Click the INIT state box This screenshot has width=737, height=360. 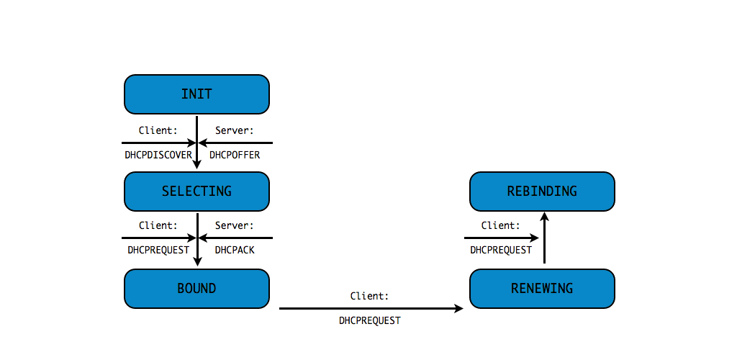tap(196, 94)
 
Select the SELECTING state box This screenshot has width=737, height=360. tap(196, 191)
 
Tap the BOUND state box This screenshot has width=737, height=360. tap(196, 288)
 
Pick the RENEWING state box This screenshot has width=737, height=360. tap(542, 288)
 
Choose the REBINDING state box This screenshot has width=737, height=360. tap(542, 191)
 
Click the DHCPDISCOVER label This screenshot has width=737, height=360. tap(158, 155)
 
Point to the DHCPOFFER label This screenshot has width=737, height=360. tap(235, 155)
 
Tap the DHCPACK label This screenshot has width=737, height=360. tap(235, 251)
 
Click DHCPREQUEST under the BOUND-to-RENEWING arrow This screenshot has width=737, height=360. tap(370, 320)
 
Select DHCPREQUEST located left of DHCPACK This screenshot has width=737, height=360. tap(158, 251)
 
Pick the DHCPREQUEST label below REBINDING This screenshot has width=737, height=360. tap(501, 251)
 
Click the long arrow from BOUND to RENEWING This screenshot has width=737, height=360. tap(371, 308)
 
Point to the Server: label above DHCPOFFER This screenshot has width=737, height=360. tap(235, 130)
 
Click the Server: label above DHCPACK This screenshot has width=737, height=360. tap(235, 225)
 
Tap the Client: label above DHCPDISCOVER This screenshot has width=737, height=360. tap(158, 130)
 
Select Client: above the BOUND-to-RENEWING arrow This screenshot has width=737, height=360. tap(370, 296)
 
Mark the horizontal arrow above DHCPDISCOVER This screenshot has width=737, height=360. tap(158, 143)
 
